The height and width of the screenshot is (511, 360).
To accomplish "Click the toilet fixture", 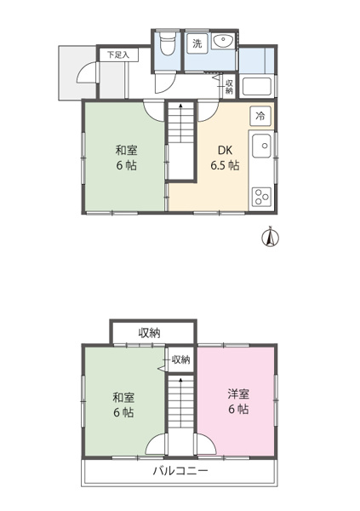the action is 168,43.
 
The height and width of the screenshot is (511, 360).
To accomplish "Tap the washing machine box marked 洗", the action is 197,43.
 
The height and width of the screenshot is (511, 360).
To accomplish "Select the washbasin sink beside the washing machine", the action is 223,41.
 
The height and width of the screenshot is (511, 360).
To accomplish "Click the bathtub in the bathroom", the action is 257,86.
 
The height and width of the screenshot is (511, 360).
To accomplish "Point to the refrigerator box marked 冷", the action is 260,116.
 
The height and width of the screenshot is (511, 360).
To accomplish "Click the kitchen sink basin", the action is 261,146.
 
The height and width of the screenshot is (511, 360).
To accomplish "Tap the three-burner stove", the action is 261,196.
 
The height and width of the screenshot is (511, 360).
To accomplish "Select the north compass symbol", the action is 270,237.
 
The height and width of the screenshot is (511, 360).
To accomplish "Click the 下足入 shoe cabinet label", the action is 118,55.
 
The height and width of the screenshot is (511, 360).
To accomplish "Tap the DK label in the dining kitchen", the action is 226,150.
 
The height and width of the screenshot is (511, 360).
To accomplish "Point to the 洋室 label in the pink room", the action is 238,394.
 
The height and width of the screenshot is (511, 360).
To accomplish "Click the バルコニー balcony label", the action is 180,471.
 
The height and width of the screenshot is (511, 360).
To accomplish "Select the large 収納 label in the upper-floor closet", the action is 150,333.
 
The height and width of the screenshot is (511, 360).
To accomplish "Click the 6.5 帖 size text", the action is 225,165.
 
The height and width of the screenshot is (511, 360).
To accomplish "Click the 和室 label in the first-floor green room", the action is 127,150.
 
